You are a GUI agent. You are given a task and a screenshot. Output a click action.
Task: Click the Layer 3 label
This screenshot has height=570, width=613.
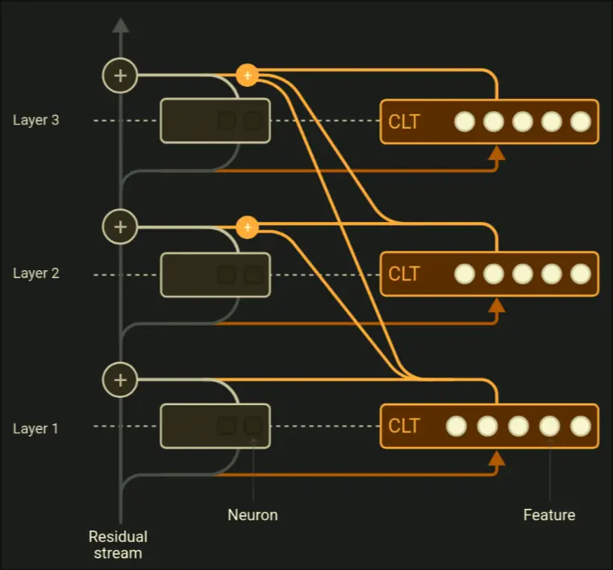point(35,121)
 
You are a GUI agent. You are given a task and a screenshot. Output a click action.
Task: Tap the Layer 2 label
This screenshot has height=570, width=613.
point(35,273)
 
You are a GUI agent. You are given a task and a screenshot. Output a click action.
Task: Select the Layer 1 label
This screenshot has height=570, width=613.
point(35,429)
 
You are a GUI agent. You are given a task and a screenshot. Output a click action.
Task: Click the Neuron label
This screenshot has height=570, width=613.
point(253,515)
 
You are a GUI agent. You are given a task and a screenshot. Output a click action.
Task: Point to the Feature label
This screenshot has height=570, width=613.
point(549,515)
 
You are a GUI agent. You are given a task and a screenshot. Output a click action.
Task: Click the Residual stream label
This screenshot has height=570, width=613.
point(118,544)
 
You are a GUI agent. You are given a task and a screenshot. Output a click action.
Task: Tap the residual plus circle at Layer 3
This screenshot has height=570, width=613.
point(121,76)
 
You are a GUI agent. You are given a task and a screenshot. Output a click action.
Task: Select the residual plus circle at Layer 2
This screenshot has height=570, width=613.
point(121,227)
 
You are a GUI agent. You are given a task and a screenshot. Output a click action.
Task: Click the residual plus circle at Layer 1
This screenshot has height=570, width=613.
point(121,379)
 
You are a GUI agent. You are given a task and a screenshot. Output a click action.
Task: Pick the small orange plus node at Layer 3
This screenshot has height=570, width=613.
point(247,76)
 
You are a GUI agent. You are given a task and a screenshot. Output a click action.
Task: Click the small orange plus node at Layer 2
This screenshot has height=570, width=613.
point(247,228)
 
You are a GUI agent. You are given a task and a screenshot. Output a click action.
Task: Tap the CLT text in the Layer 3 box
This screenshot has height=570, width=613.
point(404,122)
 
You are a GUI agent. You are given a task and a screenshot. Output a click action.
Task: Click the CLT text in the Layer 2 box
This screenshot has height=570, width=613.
point(404,274)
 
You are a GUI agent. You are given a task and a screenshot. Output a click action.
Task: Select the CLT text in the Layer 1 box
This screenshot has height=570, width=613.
point(404,426)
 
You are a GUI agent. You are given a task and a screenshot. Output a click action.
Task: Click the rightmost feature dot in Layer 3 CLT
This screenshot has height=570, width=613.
point(581,122)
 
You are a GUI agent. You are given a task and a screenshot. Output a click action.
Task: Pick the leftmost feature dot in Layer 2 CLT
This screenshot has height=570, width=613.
point(464,274)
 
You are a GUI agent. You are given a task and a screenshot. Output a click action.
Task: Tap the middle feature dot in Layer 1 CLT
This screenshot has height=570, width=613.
point(518,426)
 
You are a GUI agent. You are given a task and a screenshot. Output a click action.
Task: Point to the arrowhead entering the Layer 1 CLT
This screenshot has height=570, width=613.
point(496,458)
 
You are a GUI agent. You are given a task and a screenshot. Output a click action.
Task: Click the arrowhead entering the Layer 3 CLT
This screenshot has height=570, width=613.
point(496,153)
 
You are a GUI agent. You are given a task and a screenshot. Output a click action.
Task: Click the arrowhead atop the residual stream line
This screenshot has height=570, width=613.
point(121,25)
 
